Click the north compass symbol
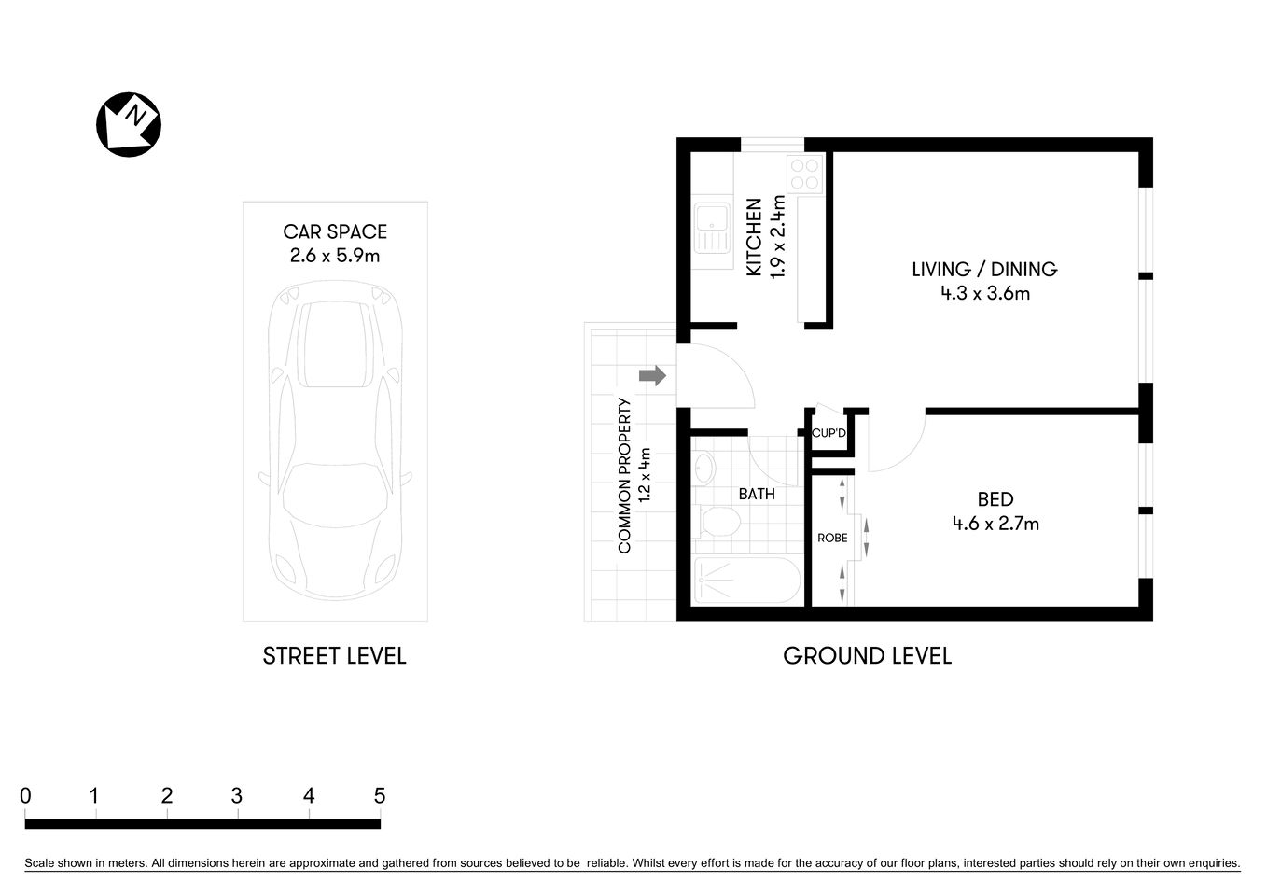coord(129,124)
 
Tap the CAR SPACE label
coord(335,231)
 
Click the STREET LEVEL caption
coord(334,656)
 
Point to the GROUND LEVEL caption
coord(867,656)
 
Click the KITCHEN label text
coord(754,237)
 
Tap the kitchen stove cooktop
coord(804,174)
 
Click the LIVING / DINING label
coord(984,269)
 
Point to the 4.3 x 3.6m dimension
coord(984,294)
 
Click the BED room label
coord(995,499)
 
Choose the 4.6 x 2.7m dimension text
coord(995,524)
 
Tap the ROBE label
coord(832,538)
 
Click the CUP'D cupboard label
coord(828,433)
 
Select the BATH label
coord(757,494)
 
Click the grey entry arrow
coord(652,375)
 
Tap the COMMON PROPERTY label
coord(625,476)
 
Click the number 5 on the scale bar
coord(379,796)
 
